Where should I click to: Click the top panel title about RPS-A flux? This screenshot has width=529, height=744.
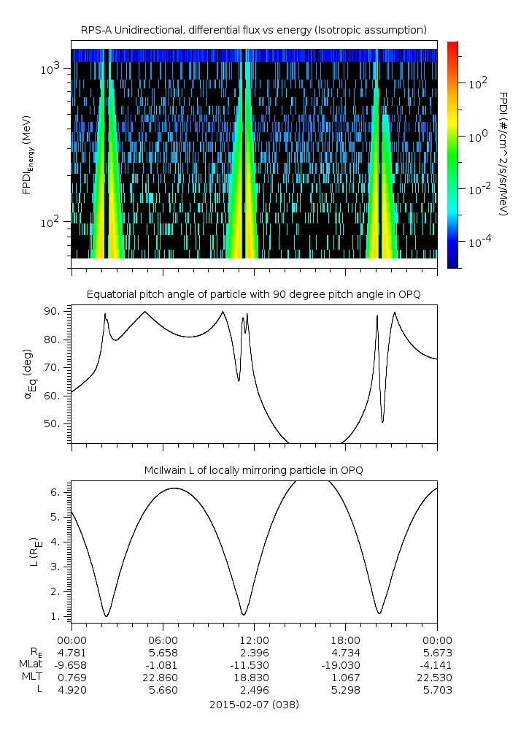[253, 29]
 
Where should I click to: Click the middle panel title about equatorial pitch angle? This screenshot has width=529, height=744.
[253, 294]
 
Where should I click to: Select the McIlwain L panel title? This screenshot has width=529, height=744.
[253, 470]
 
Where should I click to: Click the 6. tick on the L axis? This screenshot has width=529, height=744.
[61, 492]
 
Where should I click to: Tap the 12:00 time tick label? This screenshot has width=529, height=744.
[254, 640]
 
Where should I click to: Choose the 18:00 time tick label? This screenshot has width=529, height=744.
[345, 640]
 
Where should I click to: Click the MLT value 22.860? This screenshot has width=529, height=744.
[162, 677]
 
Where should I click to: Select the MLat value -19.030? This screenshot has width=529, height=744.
[345, 664]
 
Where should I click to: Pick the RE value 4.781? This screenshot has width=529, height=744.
[72, 652]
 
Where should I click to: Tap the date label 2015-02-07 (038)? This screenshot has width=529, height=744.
[254, 705]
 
